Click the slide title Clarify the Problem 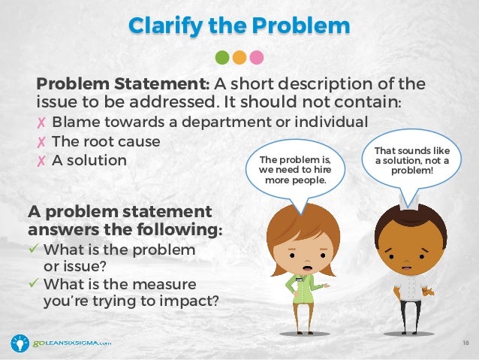[239, 25]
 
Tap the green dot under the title [221, 57]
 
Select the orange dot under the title [239, 57]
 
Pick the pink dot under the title [257, 57]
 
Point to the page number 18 [465, 342]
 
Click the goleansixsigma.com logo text [71, 343]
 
